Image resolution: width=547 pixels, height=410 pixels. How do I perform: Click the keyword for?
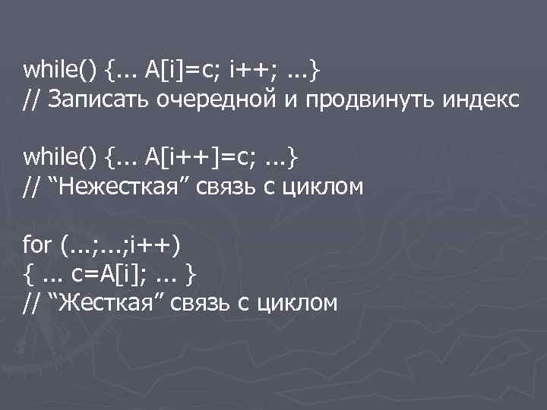tap(37, 244)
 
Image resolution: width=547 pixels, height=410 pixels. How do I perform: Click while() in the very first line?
tap(60, 71)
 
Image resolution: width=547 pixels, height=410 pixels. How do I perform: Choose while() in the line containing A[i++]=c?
tap(60, 157)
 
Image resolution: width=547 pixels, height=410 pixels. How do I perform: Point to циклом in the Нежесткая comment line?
tap(320, 186)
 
